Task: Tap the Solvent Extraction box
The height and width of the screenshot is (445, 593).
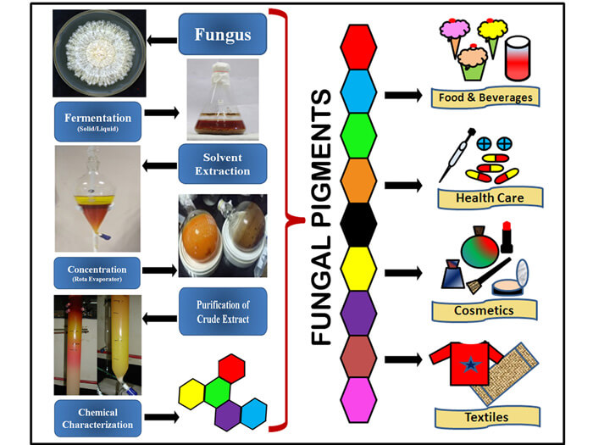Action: tap(223, 164)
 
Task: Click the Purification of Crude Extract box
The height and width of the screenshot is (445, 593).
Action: tap(223, 310)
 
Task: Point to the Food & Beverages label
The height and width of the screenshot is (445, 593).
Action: tap(485, 97)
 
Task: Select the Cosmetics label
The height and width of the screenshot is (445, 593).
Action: tap(484, 309)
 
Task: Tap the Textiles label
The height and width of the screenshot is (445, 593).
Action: tap(484, 417)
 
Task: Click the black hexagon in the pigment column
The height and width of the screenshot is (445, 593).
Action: tap(357, 223)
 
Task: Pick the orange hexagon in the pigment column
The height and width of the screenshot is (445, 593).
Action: tap(357, 178)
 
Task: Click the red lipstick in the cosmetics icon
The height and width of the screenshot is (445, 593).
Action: tap(507, 237)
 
